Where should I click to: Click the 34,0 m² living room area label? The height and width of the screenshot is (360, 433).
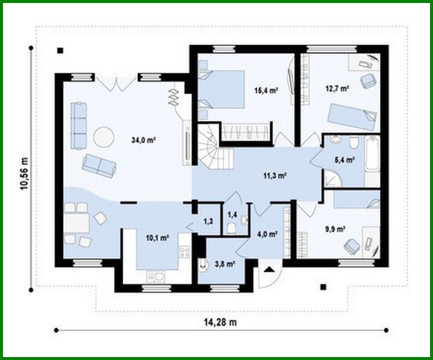tap(143, 140)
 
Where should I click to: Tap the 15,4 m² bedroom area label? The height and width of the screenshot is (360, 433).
tap(266, 90)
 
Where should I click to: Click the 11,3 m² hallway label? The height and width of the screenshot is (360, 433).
tap(275, 176)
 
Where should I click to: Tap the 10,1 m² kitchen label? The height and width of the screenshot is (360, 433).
tap(157, 238)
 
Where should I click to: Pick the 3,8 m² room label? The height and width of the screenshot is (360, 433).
tap(224, 264)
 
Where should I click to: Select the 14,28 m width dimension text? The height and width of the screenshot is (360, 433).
tap(220, 322)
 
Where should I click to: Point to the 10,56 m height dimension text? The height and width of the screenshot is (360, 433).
tap(24, 173)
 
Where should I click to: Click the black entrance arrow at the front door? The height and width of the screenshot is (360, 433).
tap(269, 270)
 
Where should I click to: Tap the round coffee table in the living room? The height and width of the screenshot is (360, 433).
tap(104, 136)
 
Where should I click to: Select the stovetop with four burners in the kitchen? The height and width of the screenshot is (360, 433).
tap(185, 252)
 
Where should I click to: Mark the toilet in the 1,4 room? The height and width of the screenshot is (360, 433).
tap(231, 228)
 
